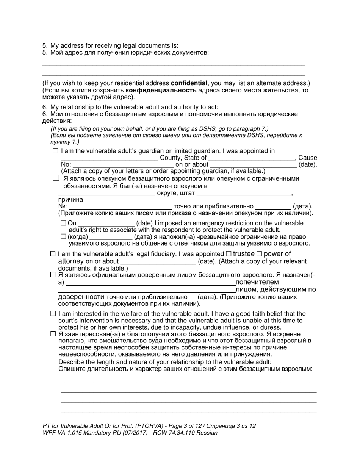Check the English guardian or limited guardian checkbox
56,151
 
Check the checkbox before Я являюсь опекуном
56,178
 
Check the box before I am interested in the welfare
53,314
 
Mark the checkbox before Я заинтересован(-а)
53,334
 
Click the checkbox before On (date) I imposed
63,223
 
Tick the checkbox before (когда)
63,236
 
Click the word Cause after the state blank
308,158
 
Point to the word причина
70,200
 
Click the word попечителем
257,282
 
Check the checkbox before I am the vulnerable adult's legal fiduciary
53,254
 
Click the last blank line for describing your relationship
188,412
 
